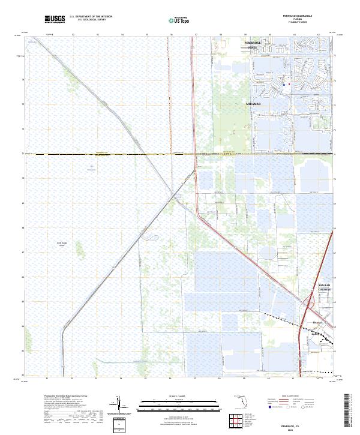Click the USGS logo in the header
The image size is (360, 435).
55,19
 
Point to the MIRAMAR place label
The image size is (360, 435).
254,104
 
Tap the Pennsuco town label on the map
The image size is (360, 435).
318,322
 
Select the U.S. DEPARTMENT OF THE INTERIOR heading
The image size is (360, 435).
91,16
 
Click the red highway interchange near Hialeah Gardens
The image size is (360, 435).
309,302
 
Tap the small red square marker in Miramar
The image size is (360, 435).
289,85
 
